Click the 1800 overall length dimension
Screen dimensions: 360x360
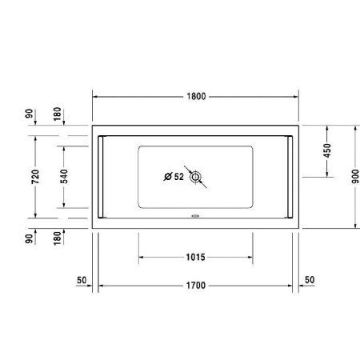(x=196, y=96)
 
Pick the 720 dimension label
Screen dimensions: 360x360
(x=34, y=178)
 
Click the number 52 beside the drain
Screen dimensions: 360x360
(x=178, y=176)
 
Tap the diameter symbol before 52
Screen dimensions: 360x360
(x=167, y=176)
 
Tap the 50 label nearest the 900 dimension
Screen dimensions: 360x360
(x=310, y=279)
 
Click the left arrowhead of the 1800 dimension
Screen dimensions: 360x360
(x=97, y=96)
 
